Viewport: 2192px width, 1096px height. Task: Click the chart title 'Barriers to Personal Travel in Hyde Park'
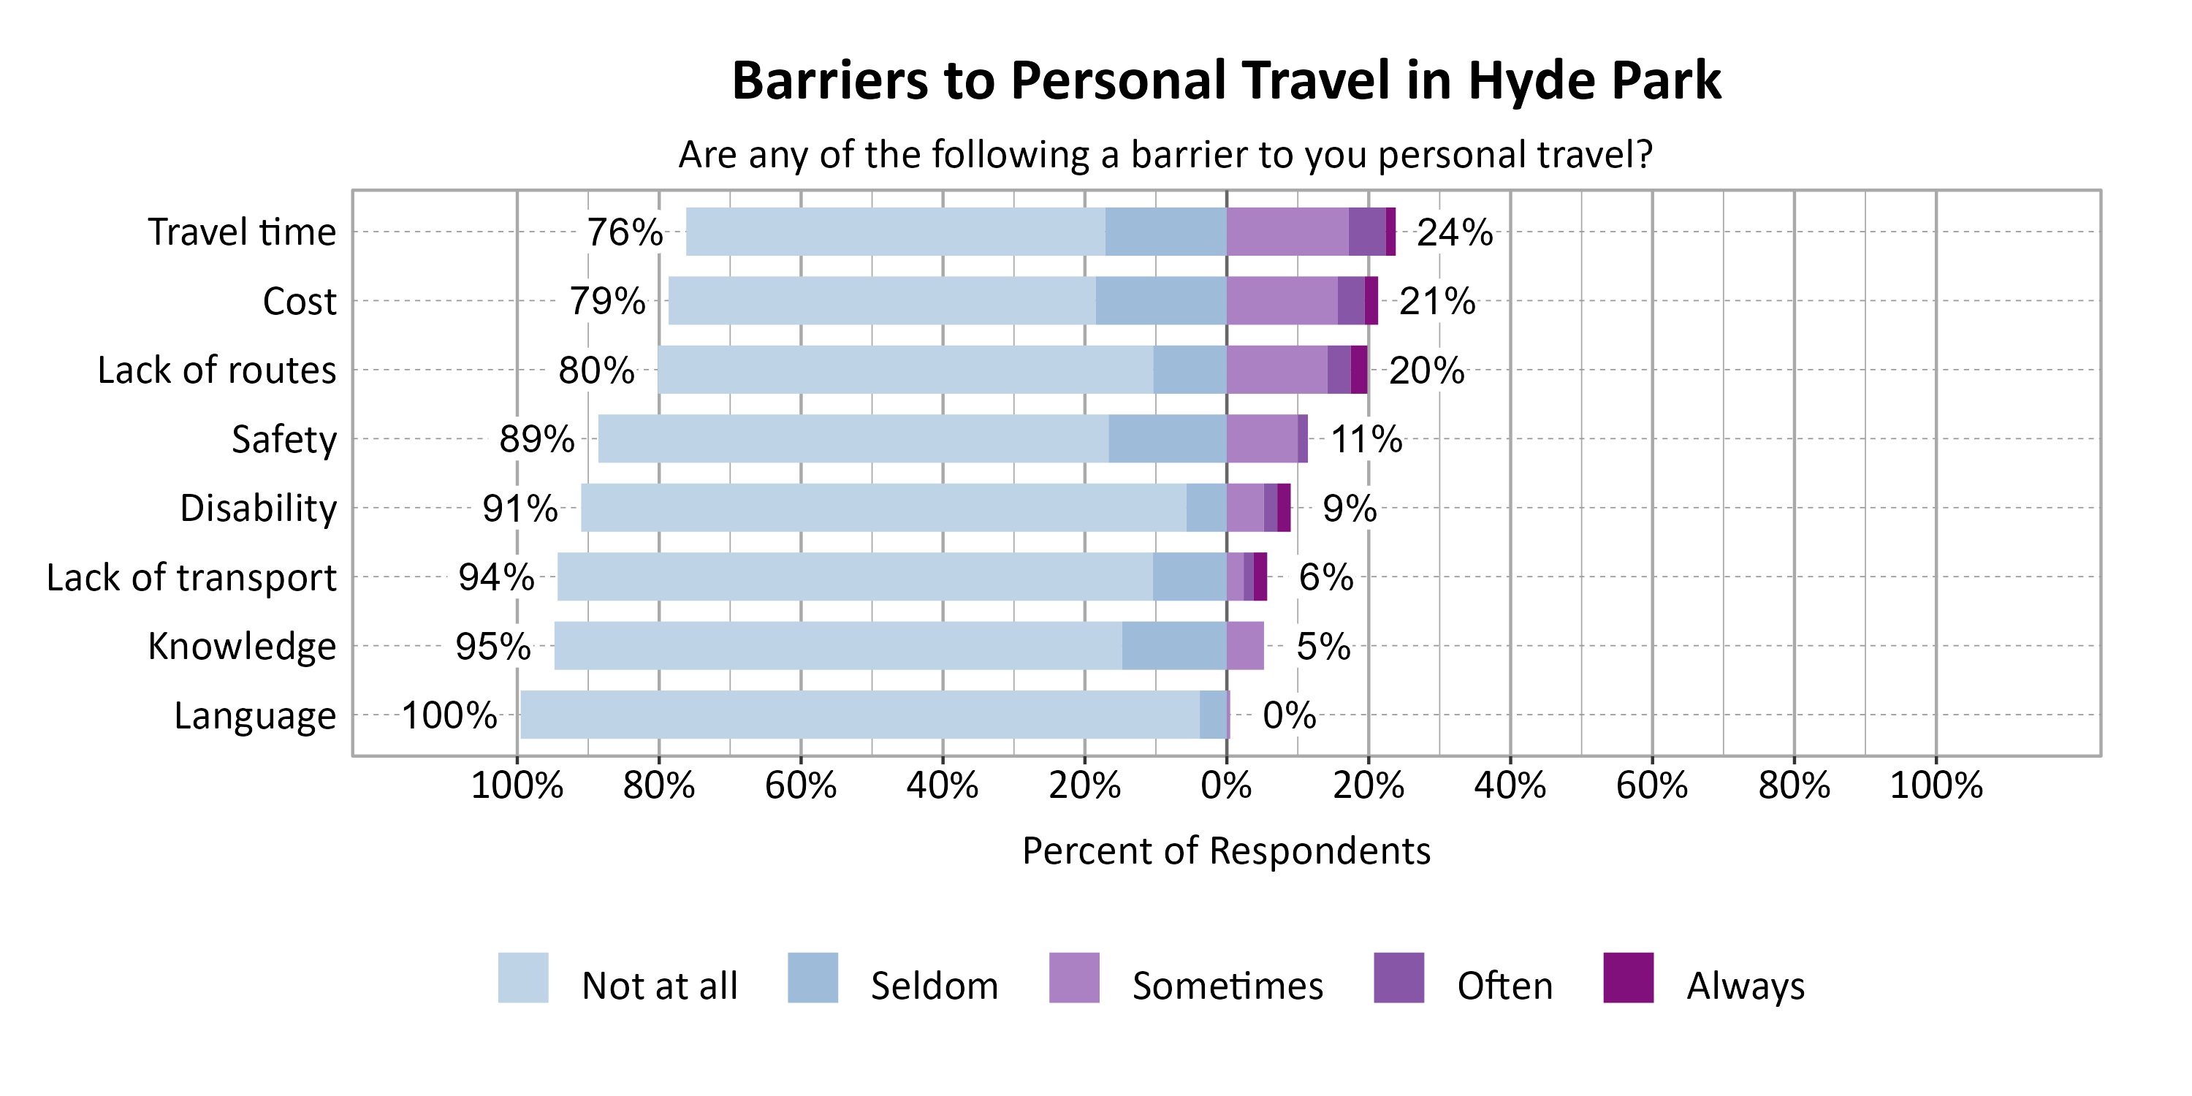1226,81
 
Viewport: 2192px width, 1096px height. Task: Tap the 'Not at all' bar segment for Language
859,715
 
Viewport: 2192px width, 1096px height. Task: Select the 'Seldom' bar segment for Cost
1161,300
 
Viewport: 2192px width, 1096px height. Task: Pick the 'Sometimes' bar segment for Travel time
1287,232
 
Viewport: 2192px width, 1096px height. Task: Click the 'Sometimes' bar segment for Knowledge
1245,646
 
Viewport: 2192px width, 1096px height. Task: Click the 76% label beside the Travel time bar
625,232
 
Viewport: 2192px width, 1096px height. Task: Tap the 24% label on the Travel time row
1454,232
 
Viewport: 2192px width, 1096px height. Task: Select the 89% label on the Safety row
537,439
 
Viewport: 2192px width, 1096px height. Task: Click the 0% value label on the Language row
1289,715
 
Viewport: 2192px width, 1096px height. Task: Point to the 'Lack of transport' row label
191,578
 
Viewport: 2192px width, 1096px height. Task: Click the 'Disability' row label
258,509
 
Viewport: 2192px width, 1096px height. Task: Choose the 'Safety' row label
284,440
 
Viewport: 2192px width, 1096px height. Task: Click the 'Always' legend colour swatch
1628,978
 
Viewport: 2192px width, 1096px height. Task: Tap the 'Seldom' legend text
935,986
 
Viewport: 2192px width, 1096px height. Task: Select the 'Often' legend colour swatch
1398,978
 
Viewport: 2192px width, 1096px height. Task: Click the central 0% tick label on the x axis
1226,785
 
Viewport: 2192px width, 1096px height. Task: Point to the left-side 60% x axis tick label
800,785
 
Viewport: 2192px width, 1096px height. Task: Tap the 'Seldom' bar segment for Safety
1167,439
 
